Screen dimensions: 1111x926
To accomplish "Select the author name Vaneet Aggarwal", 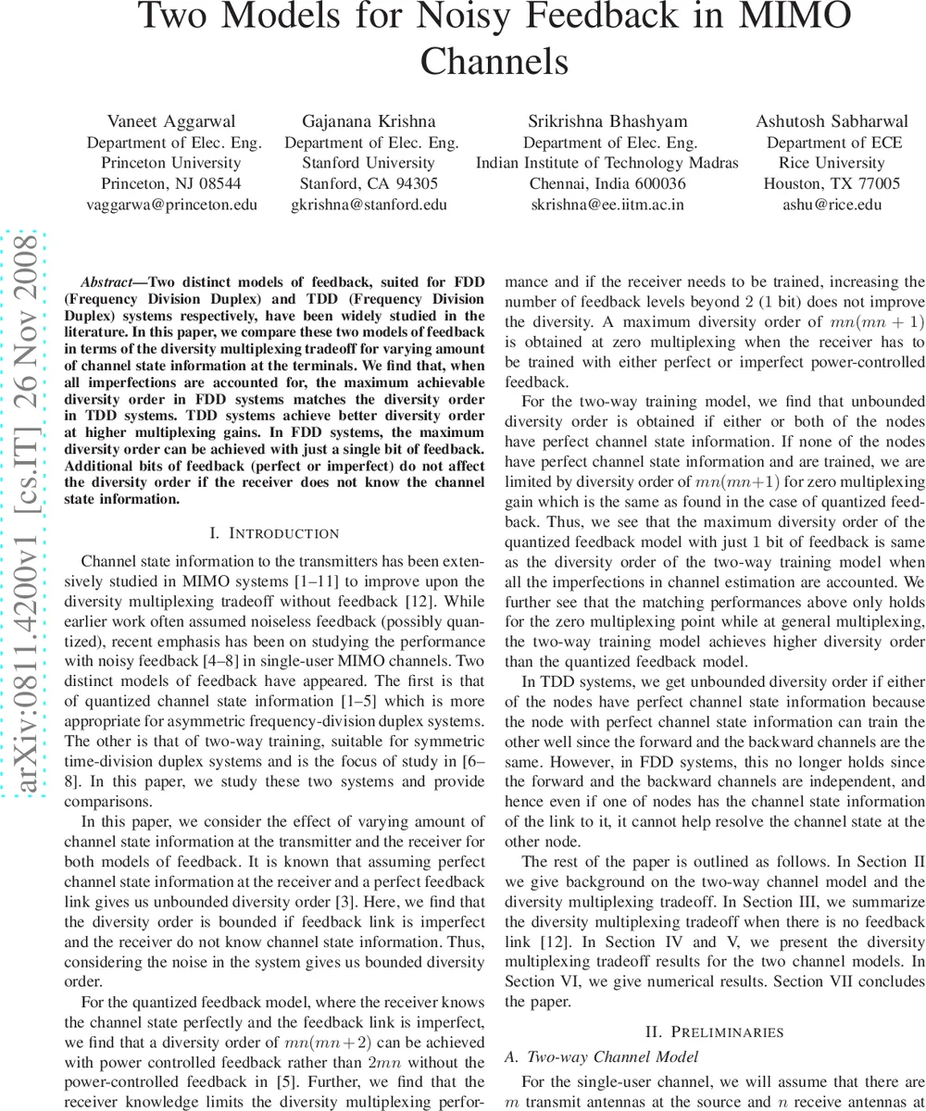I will [x=171, y=121].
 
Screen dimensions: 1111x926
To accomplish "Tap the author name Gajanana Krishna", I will [x=369, y=121].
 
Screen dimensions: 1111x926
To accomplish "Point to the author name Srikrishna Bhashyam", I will [x=607, y=121].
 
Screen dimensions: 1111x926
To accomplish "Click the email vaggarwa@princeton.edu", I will [x=171, y=204].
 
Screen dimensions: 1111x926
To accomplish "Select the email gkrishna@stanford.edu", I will [x=369, y=204].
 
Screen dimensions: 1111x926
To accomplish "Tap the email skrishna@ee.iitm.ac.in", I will [x=607, y=204].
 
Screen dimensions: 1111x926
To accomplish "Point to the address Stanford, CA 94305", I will [x=369, y=183].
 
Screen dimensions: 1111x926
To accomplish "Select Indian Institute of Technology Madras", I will [x=607, y=163].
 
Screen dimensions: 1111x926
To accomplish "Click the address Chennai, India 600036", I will [x=607, y=183].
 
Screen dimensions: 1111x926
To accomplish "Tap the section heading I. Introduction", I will [x=274, y=533].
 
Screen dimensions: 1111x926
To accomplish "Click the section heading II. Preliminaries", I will [x=714, y=1032].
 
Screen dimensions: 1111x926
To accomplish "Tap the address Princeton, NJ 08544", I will [x=171, y=183].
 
